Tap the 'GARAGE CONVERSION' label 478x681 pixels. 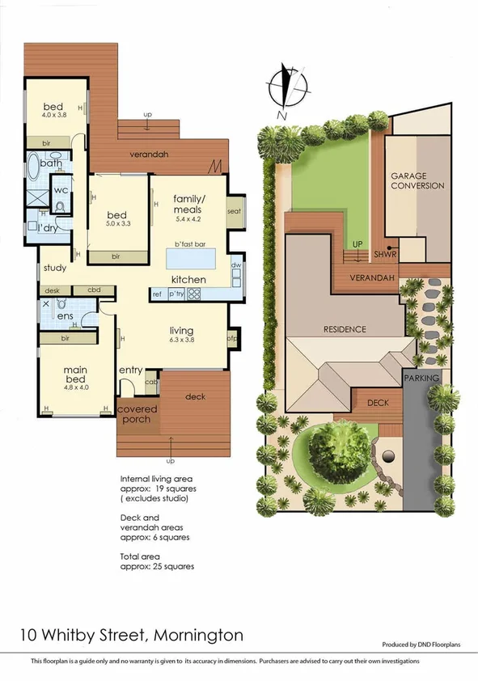point(417,180)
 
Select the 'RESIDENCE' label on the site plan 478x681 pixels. point(345,329)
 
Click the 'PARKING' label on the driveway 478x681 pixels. point(421,378)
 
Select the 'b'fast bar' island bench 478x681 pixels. point(191,259)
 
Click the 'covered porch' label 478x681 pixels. point(137,414)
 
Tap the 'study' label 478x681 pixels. point(55,268)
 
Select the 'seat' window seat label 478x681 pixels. point(235,211)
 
